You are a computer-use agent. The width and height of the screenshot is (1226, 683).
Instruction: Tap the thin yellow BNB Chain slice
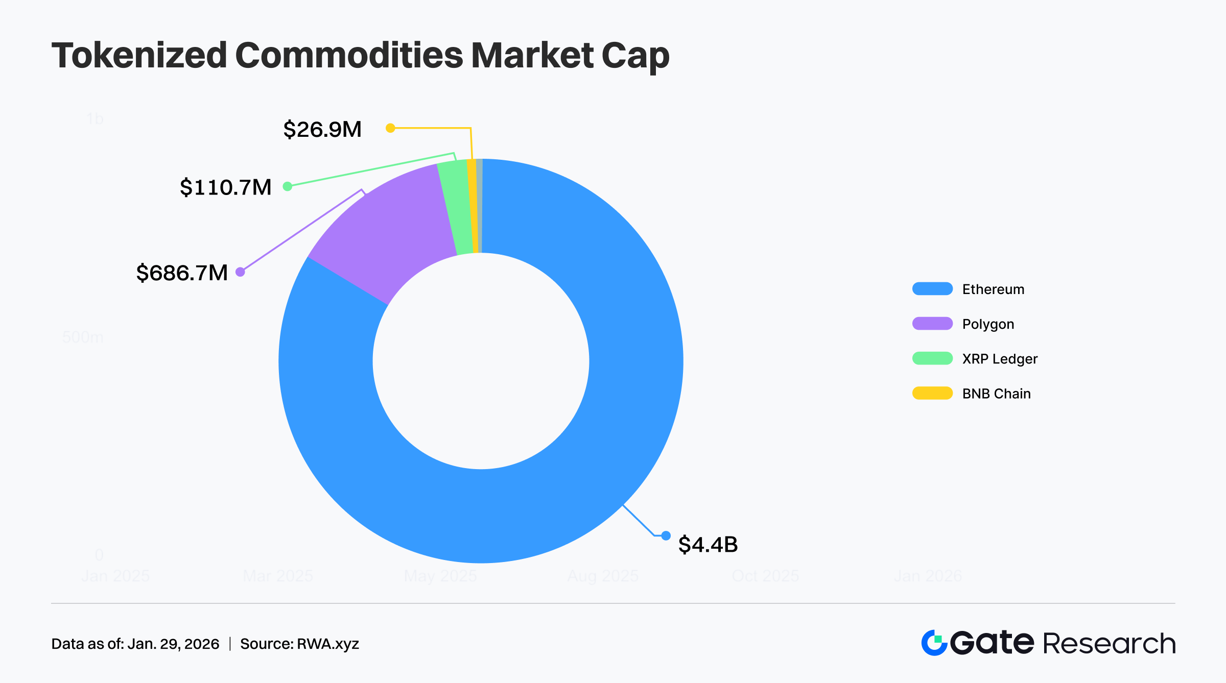coord(473,204)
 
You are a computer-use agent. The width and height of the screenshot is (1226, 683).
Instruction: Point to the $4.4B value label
coord(708,545)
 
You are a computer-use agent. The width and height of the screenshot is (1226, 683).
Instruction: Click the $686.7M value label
coord(182,273)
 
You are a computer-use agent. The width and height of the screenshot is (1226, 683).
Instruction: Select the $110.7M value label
coord(225,187)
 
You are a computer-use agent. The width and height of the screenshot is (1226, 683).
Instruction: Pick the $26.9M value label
coord(322,129)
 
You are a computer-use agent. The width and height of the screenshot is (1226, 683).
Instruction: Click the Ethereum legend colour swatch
coord(932,289)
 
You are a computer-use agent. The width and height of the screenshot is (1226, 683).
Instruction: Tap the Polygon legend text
coord(988,324)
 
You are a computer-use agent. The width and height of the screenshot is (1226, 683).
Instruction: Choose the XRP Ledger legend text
coord(1000,359)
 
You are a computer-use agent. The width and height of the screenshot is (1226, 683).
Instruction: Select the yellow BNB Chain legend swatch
coord(932,393)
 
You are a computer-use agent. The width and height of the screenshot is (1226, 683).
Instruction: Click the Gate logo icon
coord(934,643)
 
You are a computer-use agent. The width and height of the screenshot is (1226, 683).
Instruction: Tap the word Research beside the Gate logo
coord(1109,643)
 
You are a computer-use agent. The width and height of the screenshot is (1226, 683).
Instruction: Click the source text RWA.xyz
coord(327,644)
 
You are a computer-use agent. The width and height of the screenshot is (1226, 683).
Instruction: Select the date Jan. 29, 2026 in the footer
coord(173,644)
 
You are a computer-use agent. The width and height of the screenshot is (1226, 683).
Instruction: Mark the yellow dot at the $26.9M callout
coord(390,128)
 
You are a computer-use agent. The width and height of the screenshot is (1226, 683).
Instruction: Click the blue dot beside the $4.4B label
coord(666,535)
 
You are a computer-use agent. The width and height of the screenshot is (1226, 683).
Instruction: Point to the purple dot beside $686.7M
coord(240,272)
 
